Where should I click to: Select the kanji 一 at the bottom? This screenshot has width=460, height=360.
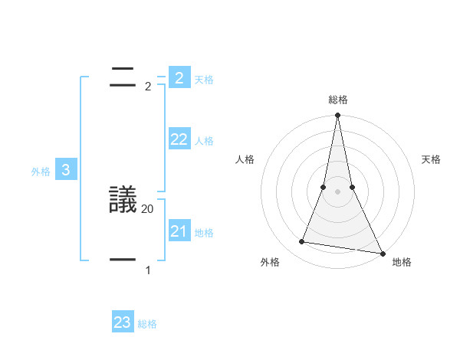pos(123,260)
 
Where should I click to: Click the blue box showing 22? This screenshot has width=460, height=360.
pos(179,139)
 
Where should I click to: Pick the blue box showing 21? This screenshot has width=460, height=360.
pos(179,231)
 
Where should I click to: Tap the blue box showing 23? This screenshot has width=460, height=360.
pos(123,322)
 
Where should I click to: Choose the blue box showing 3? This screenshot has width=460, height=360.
pos(66,171)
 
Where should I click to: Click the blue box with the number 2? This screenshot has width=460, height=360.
pos(179,77)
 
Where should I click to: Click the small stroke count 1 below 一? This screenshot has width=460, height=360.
pos(148,270)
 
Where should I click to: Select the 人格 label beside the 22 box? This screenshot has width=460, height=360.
pos(204,141)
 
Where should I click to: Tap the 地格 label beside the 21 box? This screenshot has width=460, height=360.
pos(204,233)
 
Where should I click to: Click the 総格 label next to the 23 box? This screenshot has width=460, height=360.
pos(147,324)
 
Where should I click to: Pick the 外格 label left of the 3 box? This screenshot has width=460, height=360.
pos(41,172)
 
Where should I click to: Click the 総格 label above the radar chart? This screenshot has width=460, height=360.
pos(337,100)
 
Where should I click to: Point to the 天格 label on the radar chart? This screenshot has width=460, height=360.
pos(432,159)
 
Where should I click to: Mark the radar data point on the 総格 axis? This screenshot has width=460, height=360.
pos(337,116)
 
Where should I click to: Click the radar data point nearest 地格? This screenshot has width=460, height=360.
pos(382,253)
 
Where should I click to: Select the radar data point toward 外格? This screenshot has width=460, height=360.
pos(302,242)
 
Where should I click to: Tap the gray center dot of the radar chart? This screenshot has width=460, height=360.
pos(337,191)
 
